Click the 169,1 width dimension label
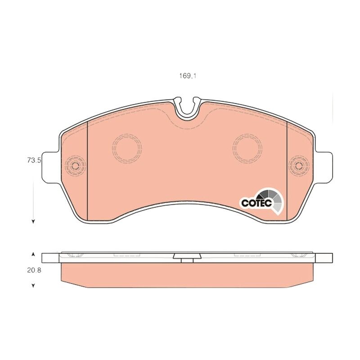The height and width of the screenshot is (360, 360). [188, 76]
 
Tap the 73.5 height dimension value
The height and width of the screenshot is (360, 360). [34, 160]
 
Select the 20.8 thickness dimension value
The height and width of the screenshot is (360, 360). [34, 270]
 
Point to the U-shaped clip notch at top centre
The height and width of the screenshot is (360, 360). [187, 108]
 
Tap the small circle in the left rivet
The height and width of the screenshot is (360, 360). [75, 165]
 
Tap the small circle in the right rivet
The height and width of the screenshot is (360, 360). [299, 165]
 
